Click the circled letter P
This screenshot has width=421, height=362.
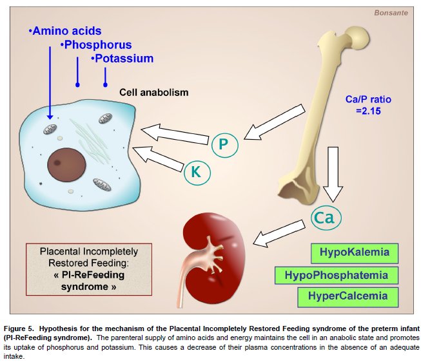pos(223,144)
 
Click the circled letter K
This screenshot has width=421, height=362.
pos(196,172)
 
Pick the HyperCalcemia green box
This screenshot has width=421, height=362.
pos(348,297)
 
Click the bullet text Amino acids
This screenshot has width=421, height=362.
pos(67,31)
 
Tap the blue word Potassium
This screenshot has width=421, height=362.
pos(123,59)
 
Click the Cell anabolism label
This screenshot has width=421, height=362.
pos(154,92)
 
